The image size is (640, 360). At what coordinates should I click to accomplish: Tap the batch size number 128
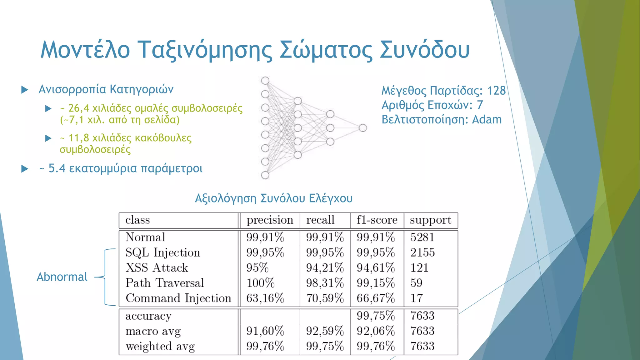[496, 91]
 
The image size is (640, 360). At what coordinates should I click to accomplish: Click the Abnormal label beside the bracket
[62, 277]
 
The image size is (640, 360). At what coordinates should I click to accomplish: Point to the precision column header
[270, 220]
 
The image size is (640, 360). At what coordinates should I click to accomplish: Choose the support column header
[430, 220]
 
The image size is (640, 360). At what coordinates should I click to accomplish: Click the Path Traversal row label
[165, 283]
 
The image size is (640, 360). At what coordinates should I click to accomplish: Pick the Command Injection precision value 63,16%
[265, 298]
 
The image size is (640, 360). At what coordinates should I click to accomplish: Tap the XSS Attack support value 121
[419, 268]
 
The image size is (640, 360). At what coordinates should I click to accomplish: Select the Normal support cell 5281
[422, 237]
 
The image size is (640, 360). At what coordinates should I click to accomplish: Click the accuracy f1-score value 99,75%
[376, 316]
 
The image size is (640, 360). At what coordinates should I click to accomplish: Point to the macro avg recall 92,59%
[325, 331]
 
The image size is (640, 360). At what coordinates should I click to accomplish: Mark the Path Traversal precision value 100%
[260, 283]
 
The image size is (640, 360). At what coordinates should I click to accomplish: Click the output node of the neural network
[362, 128]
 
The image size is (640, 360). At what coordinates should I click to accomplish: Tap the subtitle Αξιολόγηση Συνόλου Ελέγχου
[273, 198]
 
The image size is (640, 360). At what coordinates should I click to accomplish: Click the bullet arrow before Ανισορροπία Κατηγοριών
[25, 90]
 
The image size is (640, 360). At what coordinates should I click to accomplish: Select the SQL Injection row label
[162, 252]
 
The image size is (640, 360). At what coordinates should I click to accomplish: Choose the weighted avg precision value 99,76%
[265, 346]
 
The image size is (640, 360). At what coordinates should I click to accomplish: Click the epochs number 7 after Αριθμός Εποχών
[480, 105]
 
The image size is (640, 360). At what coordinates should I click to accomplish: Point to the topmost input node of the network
[265, 81]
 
